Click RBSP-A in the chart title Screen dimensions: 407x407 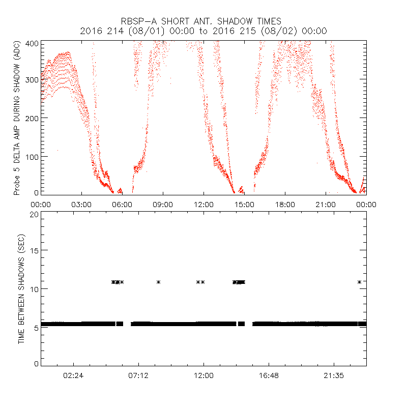click(x=137, y=21)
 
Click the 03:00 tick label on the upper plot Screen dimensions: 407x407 click(x=81, y=205)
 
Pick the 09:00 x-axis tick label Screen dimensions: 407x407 click(x=163, y=205)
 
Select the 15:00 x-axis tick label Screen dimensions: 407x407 click(x=244, y=205)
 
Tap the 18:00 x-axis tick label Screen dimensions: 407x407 click(x=285, y=205)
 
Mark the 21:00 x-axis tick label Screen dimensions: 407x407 click(x=326, y=205)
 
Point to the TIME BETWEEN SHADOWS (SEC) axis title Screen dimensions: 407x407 click(x=21, y=289)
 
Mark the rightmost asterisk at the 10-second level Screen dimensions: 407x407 click(x=360, y=282)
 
